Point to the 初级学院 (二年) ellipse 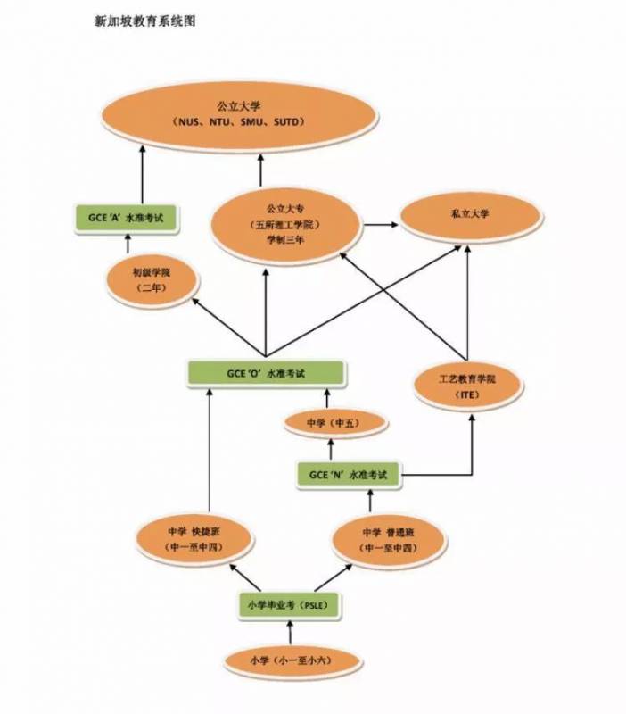(151, 280)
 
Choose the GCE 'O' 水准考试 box (266, 373)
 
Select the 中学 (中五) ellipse (333, 422)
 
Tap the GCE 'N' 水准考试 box (349, 475)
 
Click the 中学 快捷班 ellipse (194, 539)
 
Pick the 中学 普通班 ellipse (390, 538)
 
